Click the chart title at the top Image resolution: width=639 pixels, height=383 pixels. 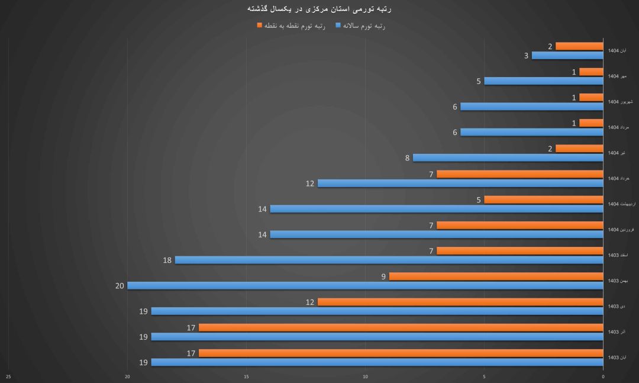(x=318, y=9)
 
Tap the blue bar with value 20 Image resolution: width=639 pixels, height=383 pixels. (x=365, y=286)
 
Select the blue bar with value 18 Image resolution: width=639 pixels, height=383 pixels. (x=389, y=260)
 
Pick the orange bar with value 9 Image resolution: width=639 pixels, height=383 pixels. (x=496, y=276)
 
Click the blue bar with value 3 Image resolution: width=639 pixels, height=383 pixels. (x=567, y=56)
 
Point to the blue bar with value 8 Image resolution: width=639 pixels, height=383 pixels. (x=508, y=158)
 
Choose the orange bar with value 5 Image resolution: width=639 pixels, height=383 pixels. (x=543, y=199)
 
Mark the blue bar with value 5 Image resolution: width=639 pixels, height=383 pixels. (x=543, y=81)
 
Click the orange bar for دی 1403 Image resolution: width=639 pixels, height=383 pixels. (x=460, y=302)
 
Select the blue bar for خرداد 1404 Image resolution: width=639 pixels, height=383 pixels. (x=460, y=184)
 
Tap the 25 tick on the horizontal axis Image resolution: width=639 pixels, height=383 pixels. (x=8, y=376)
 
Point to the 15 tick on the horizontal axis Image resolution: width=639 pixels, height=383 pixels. (x=246, y=376)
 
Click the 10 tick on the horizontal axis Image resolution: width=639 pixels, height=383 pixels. (x=365, y=376)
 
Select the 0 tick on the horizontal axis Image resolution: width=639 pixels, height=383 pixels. (x=603, y=376)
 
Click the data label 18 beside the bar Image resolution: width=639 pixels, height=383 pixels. (x=167, y=260)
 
